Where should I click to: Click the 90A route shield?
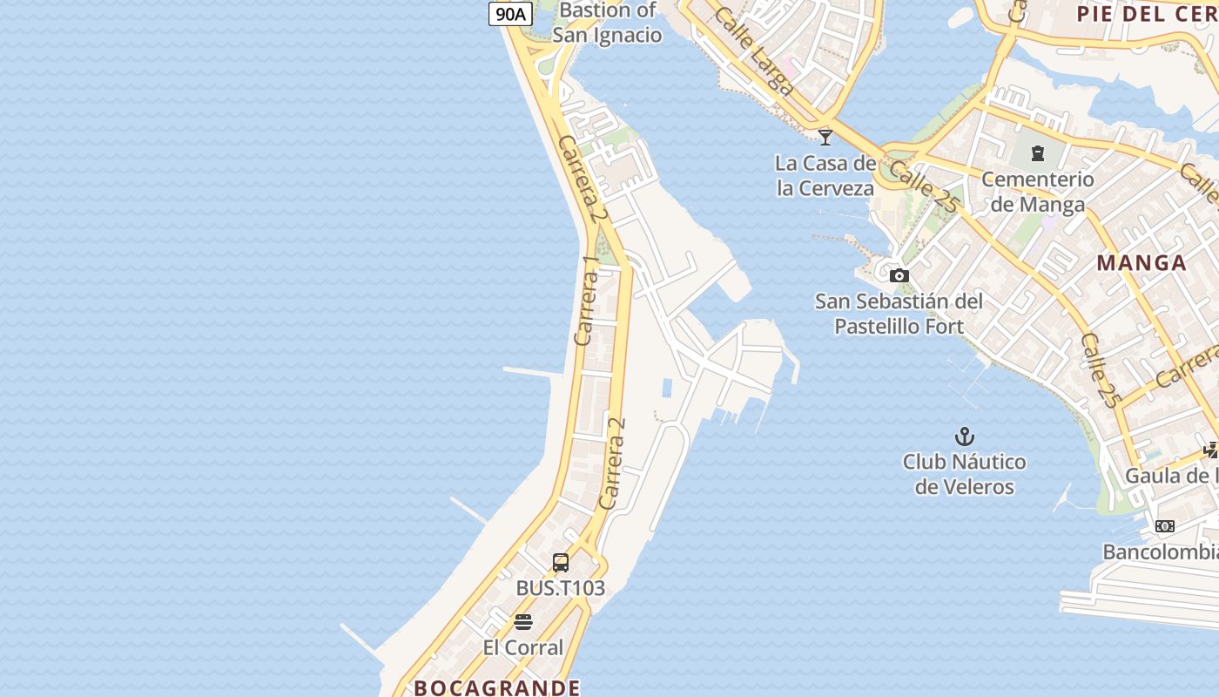[x=510, y=13]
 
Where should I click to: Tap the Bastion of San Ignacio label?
[x=607, y=23]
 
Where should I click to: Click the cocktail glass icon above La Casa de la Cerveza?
[x=825, y=137]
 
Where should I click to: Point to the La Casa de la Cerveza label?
[x=825, y=175]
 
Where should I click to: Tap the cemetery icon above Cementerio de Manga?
[x=1037, y=153]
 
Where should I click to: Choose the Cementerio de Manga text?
[x=1038, y=192]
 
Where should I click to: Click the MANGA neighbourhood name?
[x=1142, y=263]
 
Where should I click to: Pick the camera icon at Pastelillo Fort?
[x=899, y=276]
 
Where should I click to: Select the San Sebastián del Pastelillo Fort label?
[x=899, y=314]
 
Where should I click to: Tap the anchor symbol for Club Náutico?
[x=964, y=436]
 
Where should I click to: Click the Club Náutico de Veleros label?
[x=964, y=474]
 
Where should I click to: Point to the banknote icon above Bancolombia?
[x=1164, y=526]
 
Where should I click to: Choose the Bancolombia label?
[x=1160, y=552]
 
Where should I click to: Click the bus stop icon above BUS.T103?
[x=561, y=563]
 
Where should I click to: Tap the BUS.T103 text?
[x=560, y=588]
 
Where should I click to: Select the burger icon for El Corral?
[x=523, y=622]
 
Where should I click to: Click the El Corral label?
[x=523, y=647]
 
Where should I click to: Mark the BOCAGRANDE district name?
[x=496, y=687]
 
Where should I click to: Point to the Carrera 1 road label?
[x=588, y=301]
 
